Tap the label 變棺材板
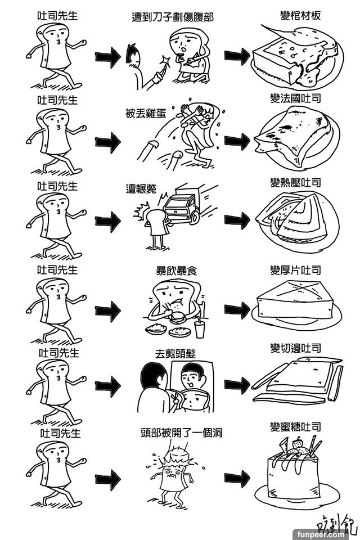(300, 15)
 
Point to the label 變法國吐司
(295, 98)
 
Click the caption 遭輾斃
(141, 189)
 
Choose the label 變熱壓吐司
(295, 183)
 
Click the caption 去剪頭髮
(177, 354)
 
